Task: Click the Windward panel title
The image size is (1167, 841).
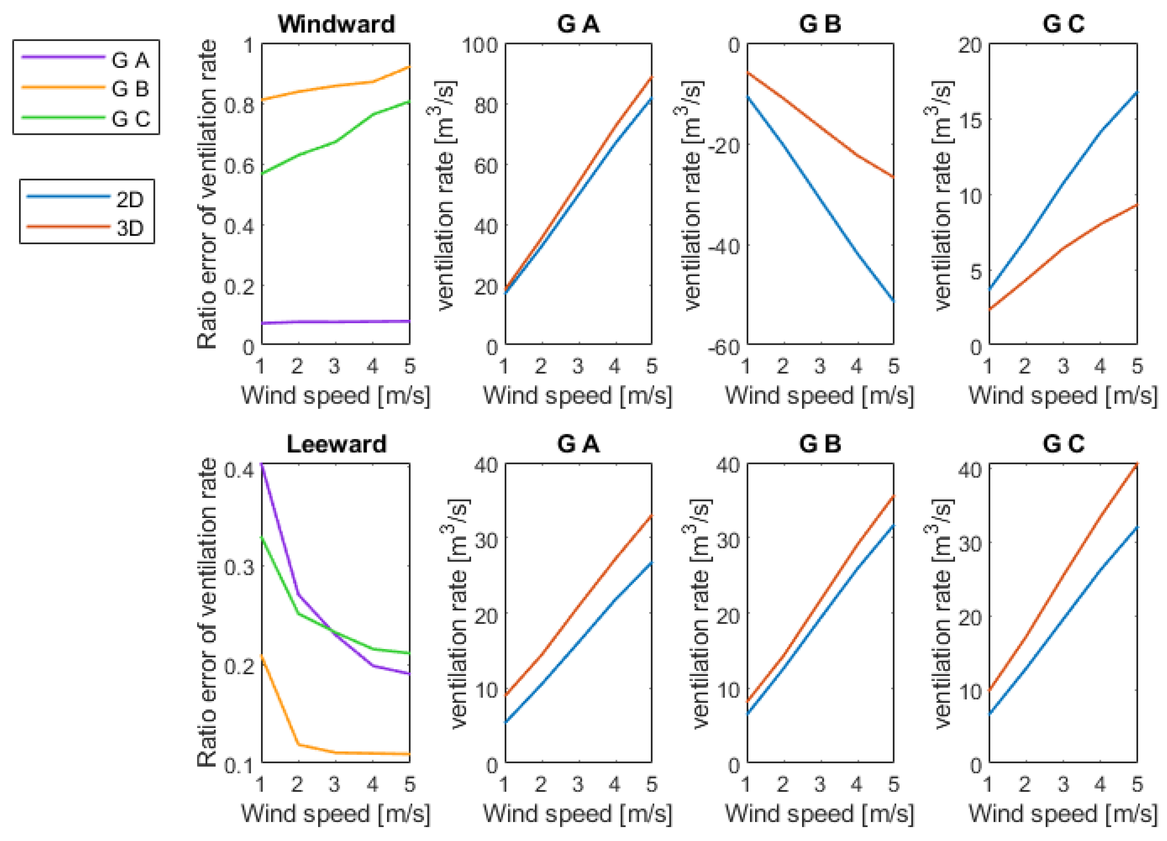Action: click(x=336, y=24)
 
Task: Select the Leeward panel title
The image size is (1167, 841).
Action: click(x=336, y=444)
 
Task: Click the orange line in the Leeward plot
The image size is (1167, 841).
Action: click(x=334, y=753)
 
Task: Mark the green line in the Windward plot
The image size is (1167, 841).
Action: click(x=334, y=142)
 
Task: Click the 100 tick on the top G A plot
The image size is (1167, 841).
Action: click(x=480, y=45)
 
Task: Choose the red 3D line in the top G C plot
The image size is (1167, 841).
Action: click(x=1063, y=248)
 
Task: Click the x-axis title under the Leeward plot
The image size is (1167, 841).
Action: click(x=335, y=813)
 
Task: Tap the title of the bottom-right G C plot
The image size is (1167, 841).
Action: click(x=1063, y=444)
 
